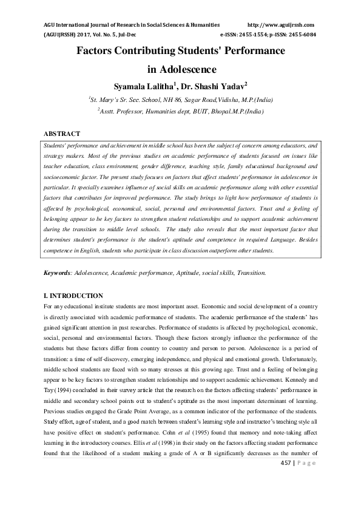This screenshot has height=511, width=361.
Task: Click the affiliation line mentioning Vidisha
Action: [180, 99]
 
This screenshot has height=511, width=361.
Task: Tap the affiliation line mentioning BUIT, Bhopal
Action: [180, 111]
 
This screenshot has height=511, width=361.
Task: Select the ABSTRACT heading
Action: [62, 133]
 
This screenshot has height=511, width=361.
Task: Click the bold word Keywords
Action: [57, 274]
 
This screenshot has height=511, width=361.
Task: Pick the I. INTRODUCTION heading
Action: [73, 296]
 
